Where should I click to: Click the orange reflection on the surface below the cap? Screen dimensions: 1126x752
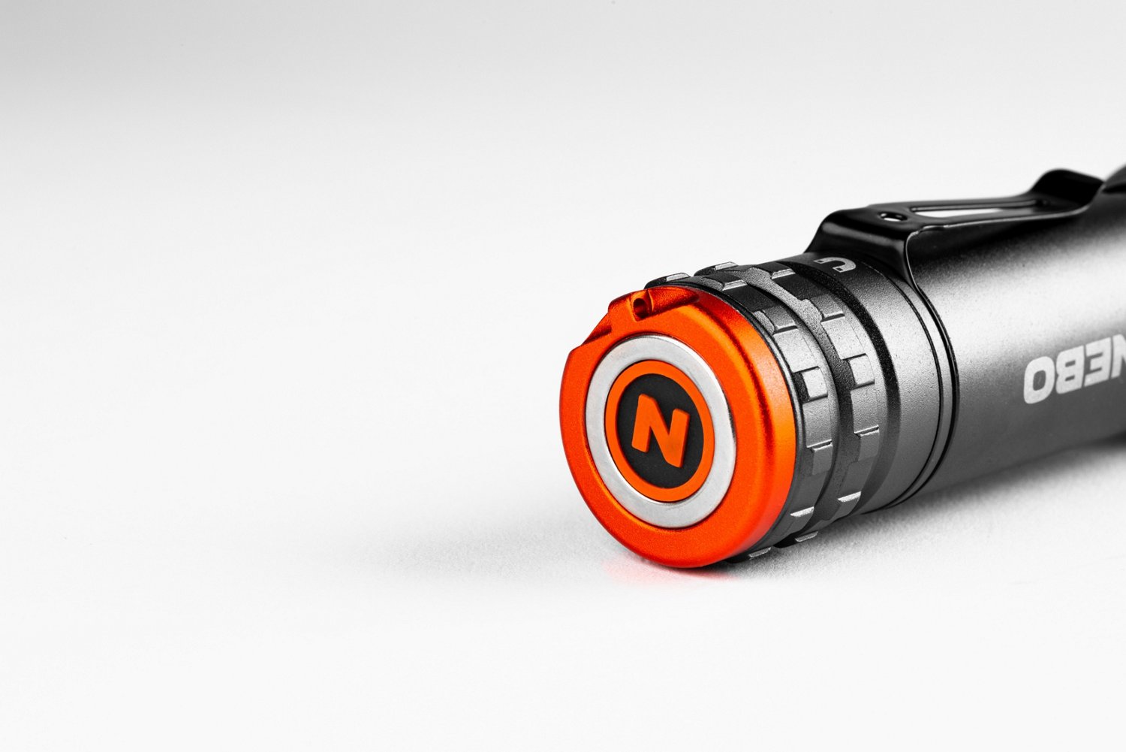tap(654, 573)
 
